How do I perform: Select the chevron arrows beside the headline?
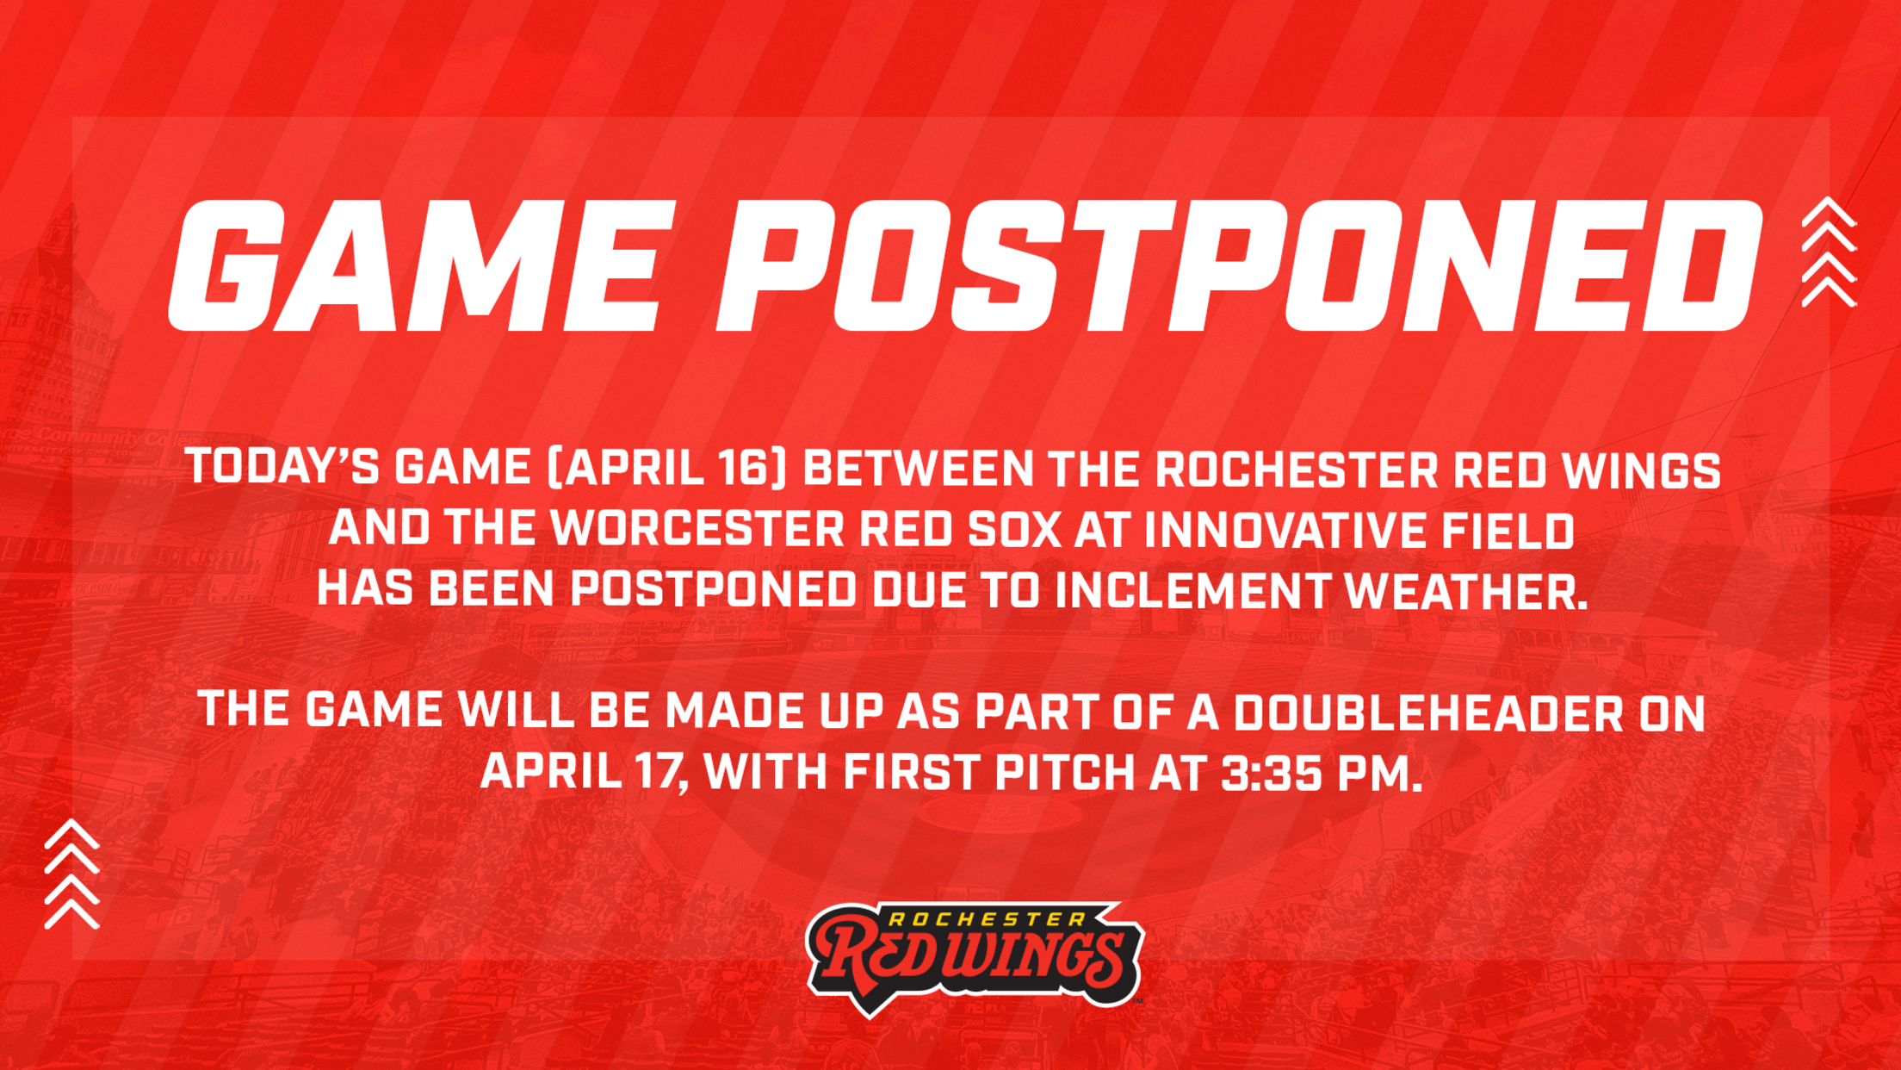[1829, 252]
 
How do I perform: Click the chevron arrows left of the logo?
[72, 874]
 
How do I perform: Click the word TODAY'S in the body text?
[283, 468]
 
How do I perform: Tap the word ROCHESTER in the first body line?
[1297, 470]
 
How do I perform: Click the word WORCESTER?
[698, 529]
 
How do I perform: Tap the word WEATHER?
[1466, 590]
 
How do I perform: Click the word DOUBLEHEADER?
[1428, 712]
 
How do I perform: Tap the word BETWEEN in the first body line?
[919, 470]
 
